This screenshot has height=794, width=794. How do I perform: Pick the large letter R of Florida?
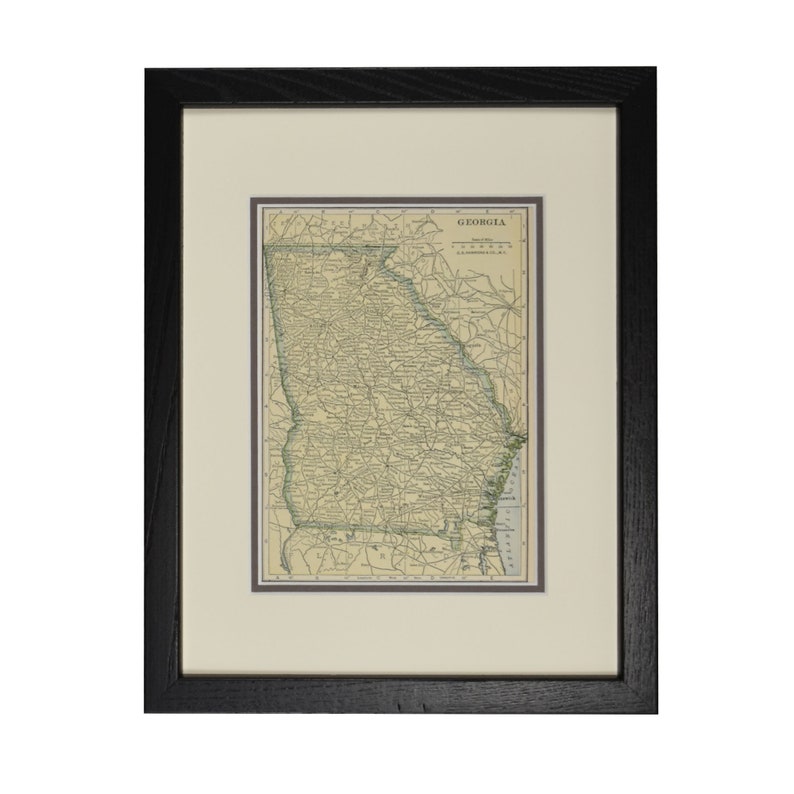[379, 552]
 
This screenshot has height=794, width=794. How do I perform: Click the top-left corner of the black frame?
[147, 71]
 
